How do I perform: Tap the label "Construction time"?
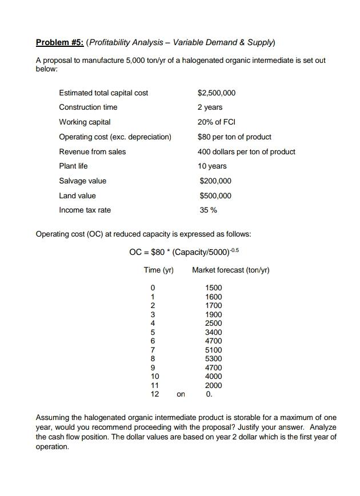tap(88, 107)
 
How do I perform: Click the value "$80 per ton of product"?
tap(234, 137)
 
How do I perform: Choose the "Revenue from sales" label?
tap(93, 152)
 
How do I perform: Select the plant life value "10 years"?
tap(212, 166)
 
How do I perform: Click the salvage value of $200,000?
tap(215, 181)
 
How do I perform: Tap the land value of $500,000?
tap(215, 196)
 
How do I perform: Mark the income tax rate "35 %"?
tap(207, 210)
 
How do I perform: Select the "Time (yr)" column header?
tap(158, 270)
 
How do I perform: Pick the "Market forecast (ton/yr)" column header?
tap(231, 270)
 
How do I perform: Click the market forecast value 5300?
tap(214, 359)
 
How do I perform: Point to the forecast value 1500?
tap(214, 288)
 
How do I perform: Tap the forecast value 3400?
tap(214, 333)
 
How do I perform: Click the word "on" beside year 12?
tap(181, 394)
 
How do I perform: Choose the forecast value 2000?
tap(214, 386)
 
